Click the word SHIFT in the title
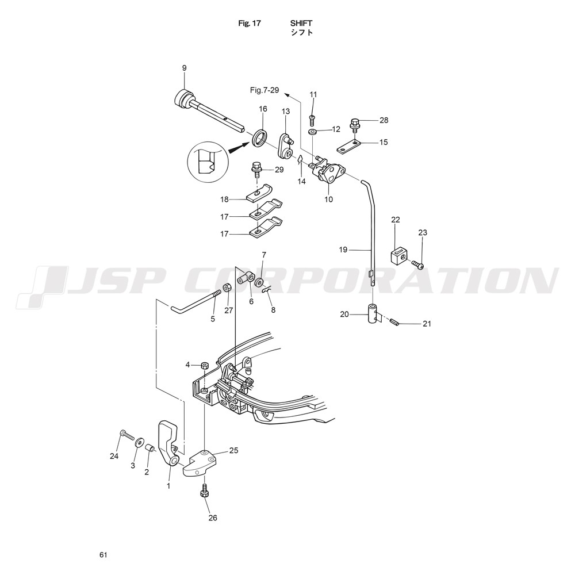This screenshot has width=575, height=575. tap(301, 23)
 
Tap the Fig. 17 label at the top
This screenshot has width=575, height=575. tap(250, 23)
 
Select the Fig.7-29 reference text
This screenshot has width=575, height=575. tap(264, 90)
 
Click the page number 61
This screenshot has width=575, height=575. tap(103, 555)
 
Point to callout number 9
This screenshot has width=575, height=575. tap(184, 68)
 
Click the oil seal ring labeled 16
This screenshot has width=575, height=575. tap(260, 137)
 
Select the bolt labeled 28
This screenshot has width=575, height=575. tap(355, 126)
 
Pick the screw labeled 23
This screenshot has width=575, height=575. tap(418, 264)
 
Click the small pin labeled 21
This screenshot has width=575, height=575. tap(394, 321)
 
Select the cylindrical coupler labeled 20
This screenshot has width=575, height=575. tap(374, 313)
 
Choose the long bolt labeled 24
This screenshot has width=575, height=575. tap(126, 435)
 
